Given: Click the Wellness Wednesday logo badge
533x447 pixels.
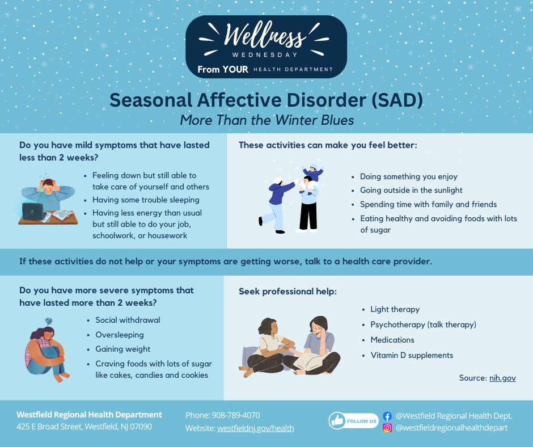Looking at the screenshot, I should pyautogui.click(x=266, y=47).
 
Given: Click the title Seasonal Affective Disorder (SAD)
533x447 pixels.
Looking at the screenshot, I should pyautogui.click(x=266, y=100).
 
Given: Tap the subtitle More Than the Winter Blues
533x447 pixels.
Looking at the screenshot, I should pyautogui.click(x=266, y=120).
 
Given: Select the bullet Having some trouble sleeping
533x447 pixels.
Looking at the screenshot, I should pyautogui.click(x=146, y=200).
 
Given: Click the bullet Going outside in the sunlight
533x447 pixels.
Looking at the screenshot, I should pyautogui.click(x=411, y=190).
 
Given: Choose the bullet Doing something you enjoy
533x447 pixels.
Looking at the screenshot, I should pyautogui.click(x=408, y=176).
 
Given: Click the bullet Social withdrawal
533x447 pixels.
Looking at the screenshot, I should pyautogui.click(x=128, y=320).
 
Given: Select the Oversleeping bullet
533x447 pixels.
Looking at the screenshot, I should pyautogui.click(x=120, y=335).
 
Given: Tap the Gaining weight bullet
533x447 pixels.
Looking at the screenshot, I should pyautogui.click(x=123, y=349).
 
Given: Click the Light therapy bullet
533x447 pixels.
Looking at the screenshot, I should pyautogui.click(x=395, y=309).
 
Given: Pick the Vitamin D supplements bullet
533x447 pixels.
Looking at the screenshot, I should pyautogui.click(x=412, y=355).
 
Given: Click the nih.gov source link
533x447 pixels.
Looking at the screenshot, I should pyautogui.click(x=502, y=378).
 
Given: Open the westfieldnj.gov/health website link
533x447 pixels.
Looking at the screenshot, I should pyautogui.click(x=255, y=428).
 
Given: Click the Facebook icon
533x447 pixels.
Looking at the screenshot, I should pyautogui.click(x=387, y=416).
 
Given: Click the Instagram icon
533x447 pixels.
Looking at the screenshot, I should pyautogui.click(x=387, y=428).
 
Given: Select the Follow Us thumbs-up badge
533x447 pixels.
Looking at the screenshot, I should pyautogui.click(x=353, y=421).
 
